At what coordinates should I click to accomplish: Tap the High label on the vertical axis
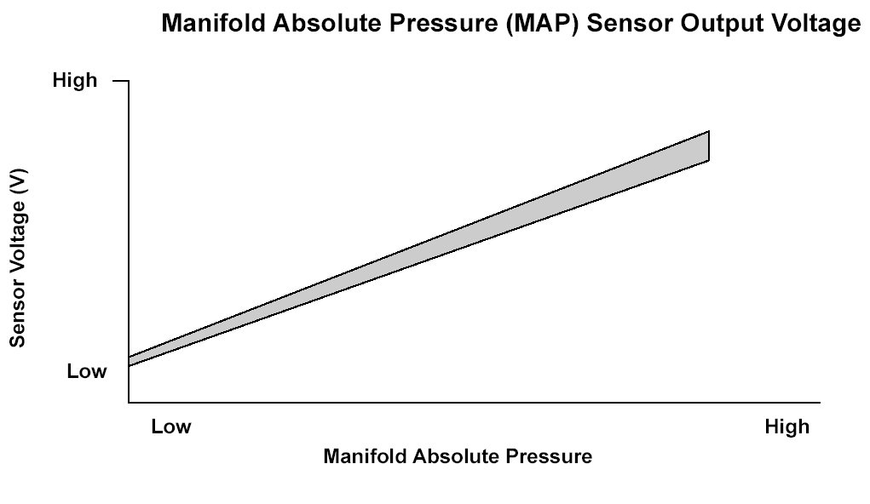75,80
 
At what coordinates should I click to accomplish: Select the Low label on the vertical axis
87,371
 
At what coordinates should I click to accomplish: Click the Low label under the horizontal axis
171,427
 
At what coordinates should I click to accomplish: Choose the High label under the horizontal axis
786,427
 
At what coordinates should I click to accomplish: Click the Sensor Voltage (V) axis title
17,258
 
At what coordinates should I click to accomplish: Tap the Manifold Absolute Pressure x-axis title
458,456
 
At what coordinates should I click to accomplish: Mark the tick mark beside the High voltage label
121,81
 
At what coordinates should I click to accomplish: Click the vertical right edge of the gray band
709,146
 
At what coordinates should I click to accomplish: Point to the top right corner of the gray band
709,131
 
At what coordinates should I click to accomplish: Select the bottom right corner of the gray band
709,161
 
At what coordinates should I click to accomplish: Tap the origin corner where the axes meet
129,402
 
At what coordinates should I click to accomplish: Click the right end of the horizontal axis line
820,402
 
